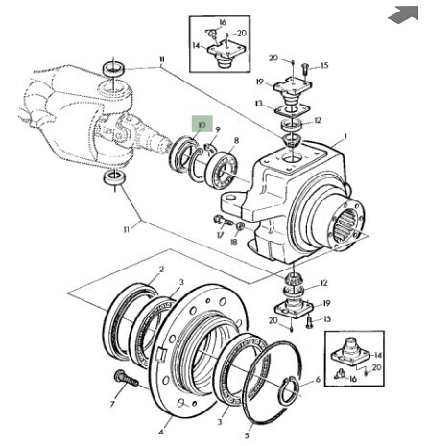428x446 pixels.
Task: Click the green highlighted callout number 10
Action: pyautogui.click(x=202, y=124)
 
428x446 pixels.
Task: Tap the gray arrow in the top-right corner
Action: pyautogui.click(x=404, y=14)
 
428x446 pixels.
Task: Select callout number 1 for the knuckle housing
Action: pyautogui.click(x=345, y=137)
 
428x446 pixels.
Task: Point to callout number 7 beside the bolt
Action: pyautogui.click(x=112, y=405)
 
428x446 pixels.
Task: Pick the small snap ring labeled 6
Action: pyautogui.click(x=290, y=390)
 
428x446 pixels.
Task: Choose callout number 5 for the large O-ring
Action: pyautogui.click(x=247, y=435)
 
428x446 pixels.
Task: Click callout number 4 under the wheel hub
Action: pyautogui.click(x=161, y=433)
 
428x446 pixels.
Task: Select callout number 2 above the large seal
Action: pyautogui.click(x=161, y=270)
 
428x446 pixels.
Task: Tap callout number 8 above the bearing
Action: pyautogui.click(x=236, y=141)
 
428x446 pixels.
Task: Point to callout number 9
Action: pyautogui.click(x=218, y=129)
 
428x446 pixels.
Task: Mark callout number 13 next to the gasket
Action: pyautogui.click(x=259, y=104)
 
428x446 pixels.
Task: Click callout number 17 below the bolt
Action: pyautogui.click(x=220, y=235)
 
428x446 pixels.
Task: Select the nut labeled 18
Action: pyautogui.click(x=241, y=226)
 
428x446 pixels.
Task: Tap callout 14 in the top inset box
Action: pyautogui.click(x=196, y=46)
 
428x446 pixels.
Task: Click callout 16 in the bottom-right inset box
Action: pyautogui.click(x=353, y=379)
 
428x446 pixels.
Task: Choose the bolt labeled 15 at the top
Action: pyautogui.click(x=305, y=70)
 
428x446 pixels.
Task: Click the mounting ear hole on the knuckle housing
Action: pyautogui.click(x=229, y=199)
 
